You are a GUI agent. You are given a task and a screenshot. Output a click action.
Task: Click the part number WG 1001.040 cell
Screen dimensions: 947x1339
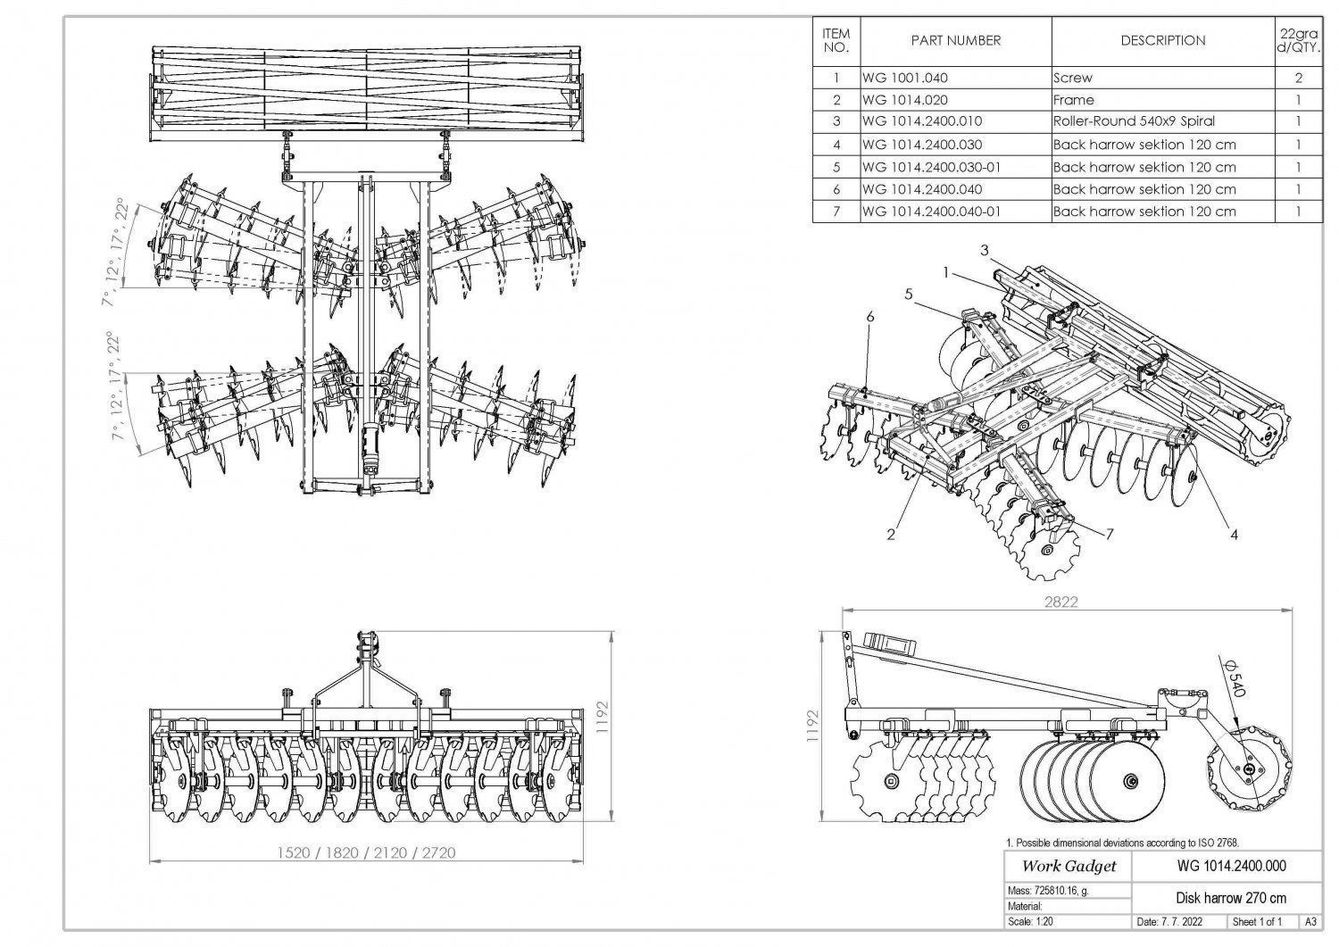coord(905,78)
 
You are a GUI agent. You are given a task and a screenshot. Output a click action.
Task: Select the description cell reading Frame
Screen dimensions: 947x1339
coord(1073,100)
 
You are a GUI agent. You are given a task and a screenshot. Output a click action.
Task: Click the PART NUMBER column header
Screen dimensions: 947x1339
coord(955,41)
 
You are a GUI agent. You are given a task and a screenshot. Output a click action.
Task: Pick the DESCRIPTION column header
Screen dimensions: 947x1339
coord(1162,41)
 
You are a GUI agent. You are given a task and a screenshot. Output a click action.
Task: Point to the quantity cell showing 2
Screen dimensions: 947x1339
coord(1298,78)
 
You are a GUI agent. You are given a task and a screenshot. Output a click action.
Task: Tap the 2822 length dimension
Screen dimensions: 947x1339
coord(1060,602)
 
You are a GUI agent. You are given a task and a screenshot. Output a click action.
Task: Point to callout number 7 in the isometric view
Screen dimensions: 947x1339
coord(1109,534)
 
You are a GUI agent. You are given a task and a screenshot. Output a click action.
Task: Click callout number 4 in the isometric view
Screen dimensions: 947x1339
coord(1234,535)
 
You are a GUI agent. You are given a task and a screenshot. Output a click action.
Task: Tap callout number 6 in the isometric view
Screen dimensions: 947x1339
coord(869,316)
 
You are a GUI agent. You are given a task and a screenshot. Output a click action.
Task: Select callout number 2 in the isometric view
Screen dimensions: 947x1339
coord(890,535)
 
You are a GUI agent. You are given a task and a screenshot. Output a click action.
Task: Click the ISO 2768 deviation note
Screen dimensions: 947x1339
coord(1122,842)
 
